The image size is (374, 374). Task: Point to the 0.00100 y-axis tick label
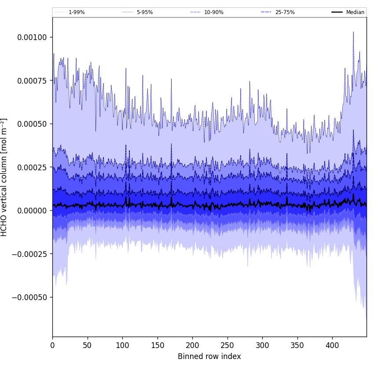click(x=32, y=37)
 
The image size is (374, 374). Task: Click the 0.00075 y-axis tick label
click(x=32, y=81)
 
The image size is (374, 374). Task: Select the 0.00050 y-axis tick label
click(x=32, y=124)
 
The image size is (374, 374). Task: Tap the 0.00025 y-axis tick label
click(x=32, y=167)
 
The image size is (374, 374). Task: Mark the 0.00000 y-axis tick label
click(x=32, y=211)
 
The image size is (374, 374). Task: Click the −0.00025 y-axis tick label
click(x=30, y=254)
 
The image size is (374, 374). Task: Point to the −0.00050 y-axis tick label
click(x=30, y=297)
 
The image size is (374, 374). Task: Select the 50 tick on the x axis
click(x=88, y=345)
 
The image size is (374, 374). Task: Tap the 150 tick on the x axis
click(x=158, y=345)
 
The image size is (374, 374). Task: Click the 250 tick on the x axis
click(x=227, y=345)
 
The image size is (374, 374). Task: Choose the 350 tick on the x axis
click(x=297, y=345)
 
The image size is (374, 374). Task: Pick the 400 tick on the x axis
click(x=332, y=345)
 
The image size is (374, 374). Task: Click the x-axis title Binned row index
click(x=209, y=356)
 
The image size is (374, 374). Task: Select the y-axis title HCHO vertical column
click(x=4, y=177)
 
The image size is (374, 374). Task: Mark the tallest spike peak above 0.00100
click(x=353, y=32)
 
